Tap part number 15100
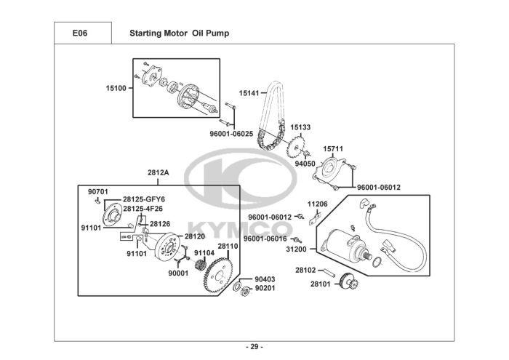coord(116,88)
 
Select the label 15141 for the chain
coord(249,93)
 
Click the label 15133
coord(300,127)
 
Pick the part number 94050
coord(305,164)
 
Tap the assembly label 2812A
coord(158,173)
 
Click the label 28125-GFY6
coord(143,199)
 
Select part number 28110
coord(228,246)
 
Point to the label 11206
coord(317,204)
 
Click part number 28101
coord(320,284)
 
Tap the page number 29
coord(254,345)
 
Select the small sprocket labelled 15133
coord(297,149)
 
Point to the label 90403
coord(265,279)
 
